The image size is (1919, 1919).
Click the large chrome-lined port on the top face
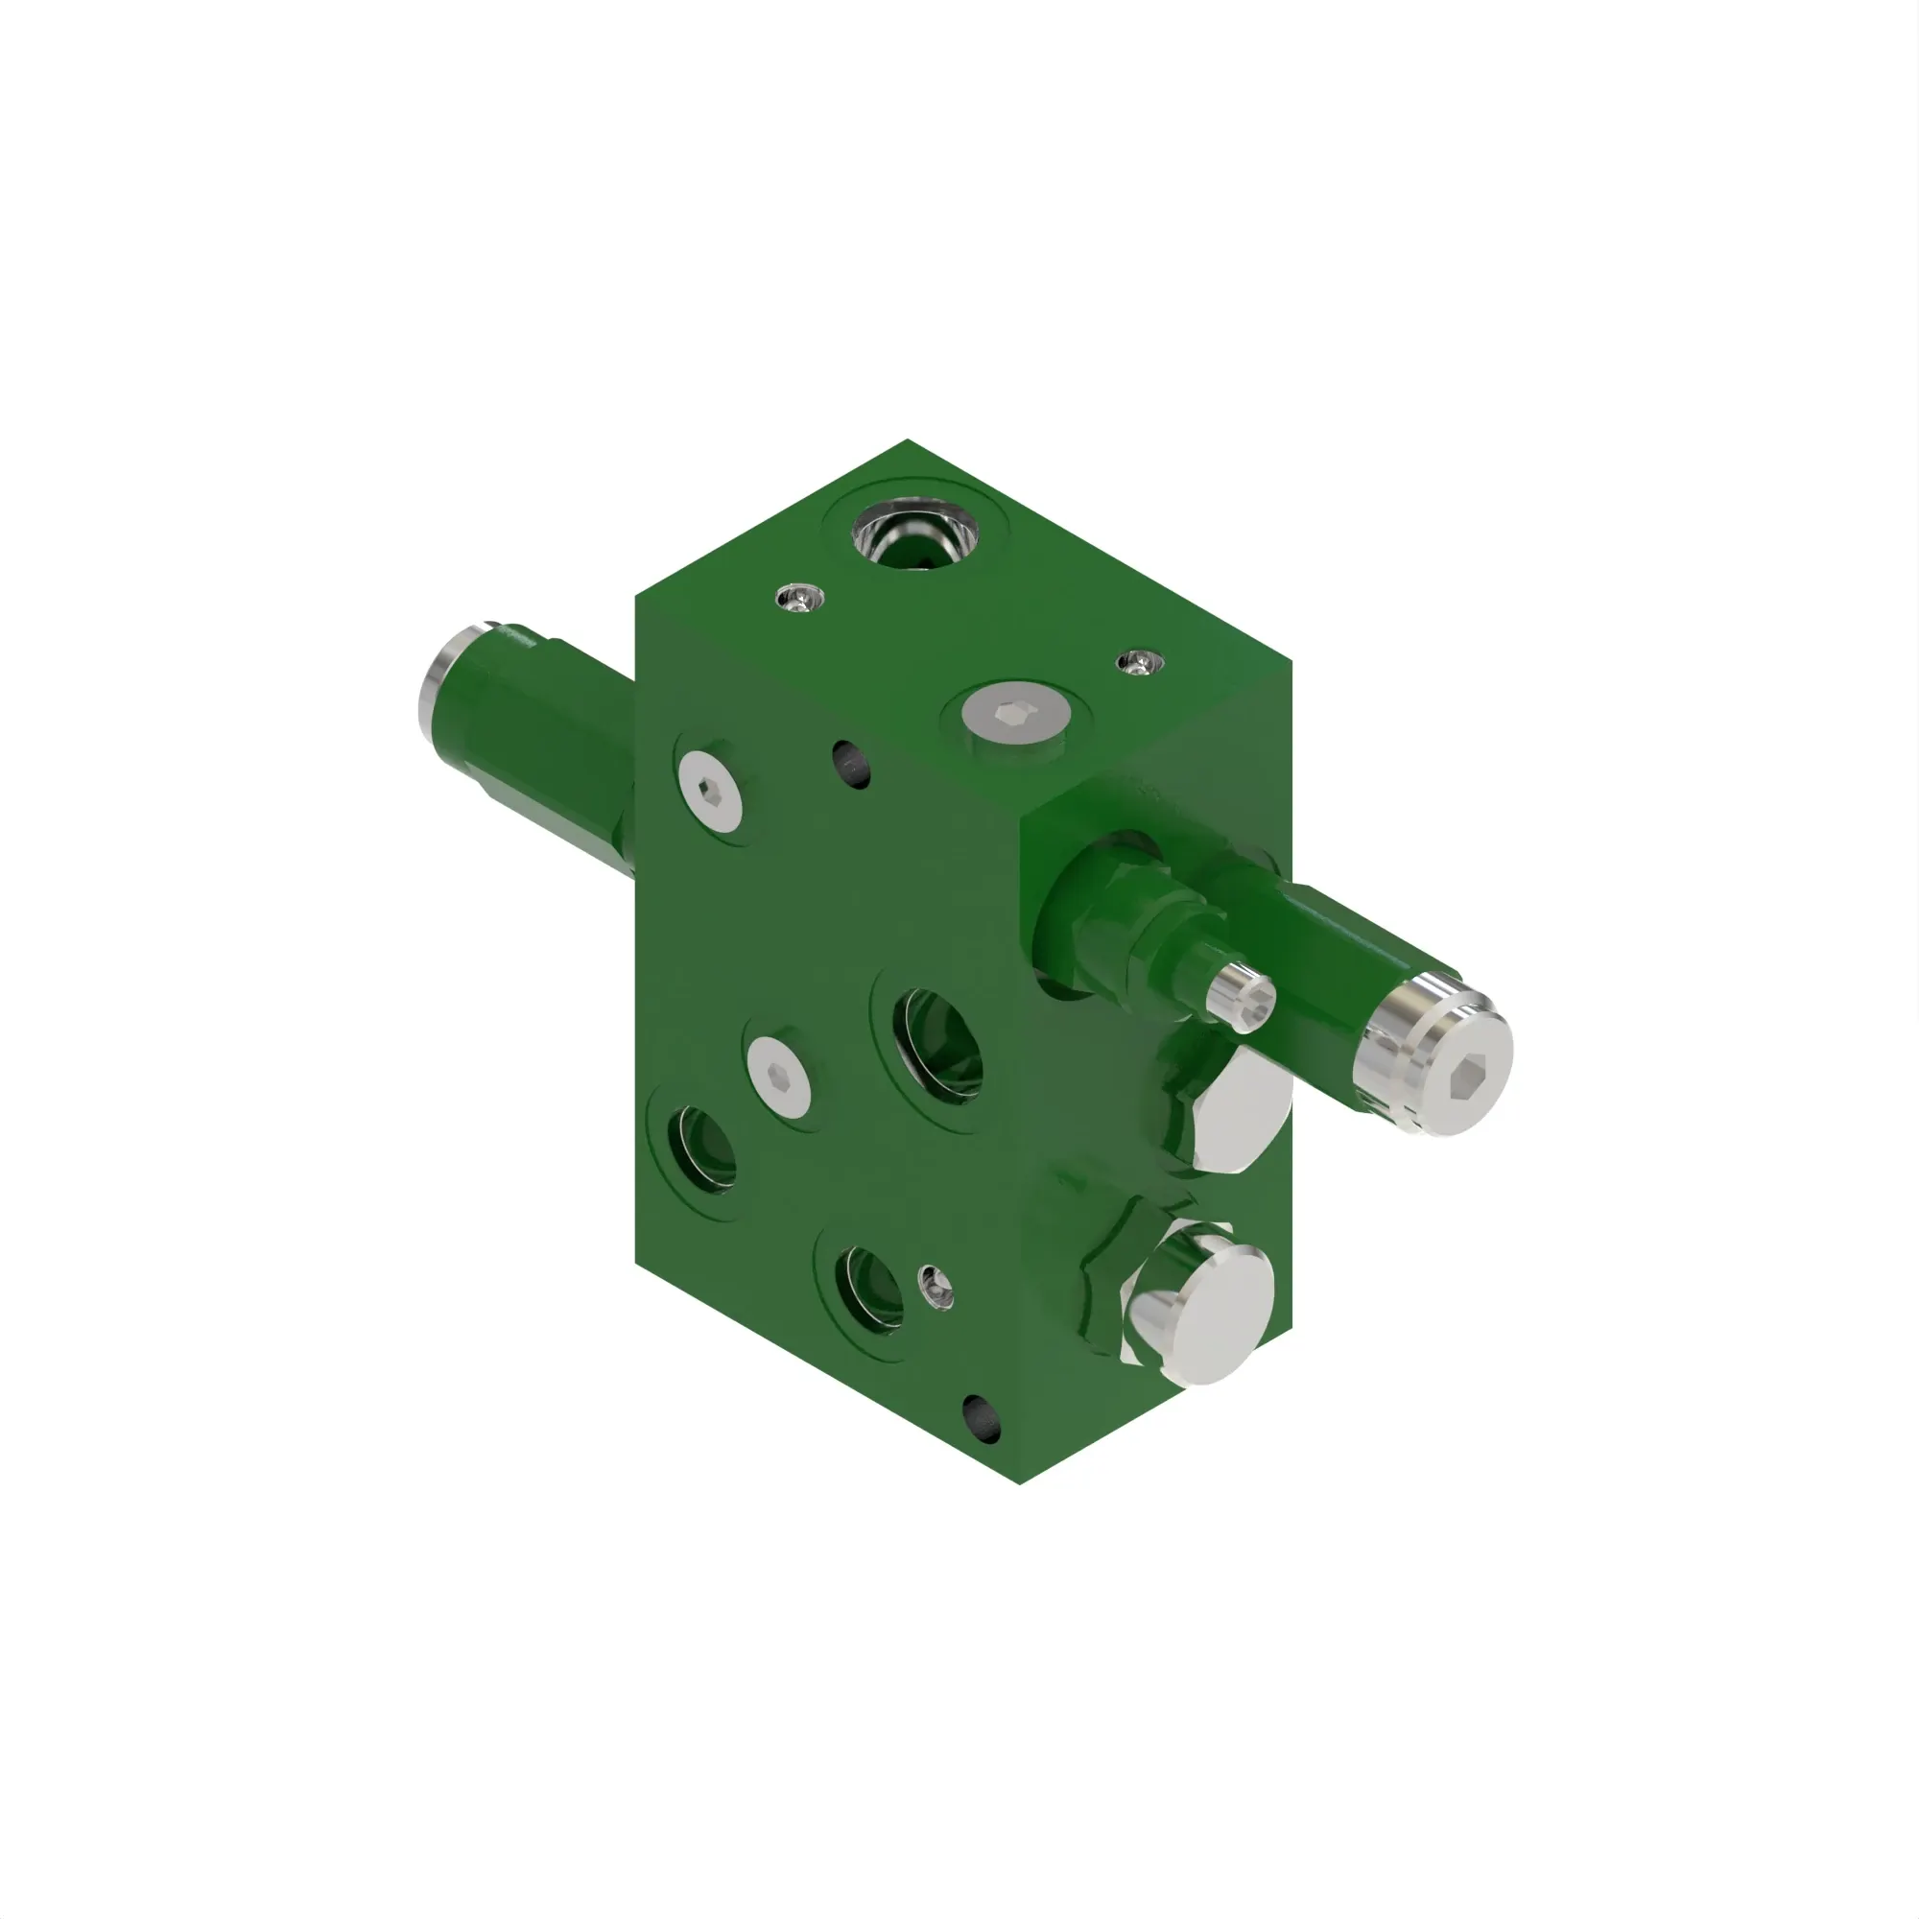click(x=914, y=537)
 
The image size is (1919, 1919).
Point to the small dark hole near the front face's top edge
click(x=851, y=764)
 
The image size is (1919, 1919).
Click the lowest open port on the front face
click(x=869, y=1289)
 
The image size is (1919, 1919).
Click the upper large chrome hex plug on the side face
click(x=1242, y=1113)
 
